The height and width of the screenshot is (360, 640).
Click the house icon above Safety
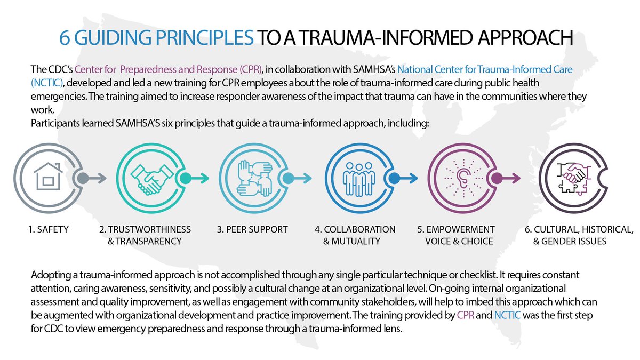pos(44,178)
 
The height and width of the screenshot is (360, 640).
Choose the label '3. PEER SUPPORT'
pos(252,230)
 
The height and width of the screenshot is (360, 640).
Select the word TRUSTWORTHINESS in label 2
pos(149,230)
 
